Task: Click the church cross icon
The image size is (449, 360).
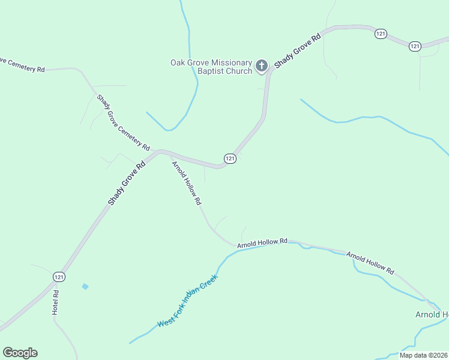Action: [x=262, y=65]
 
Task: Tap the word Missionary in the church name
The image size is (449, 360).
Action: [x=228, y=62]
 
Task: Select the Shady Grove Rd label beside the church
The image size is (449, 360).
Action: [x=298, y=50]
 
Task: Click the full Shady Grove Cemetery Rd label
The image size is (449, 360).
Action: [x=123, y=122]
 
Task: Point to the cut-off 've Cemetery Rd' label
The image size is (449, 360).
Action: [x=22, y=65]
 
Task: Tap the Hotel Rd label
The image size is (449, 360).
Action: [x=56, y=303]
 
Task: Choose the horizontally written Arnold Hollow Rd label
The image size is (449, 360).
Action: [x=262, y=243]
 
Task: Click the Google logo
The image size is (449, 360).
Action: [x=20, y=353]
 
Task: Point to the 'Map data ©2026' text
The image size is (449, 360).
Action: [x=423, y=355]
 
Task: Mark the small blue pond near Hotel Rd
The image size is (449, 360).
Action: [x=85, y=286]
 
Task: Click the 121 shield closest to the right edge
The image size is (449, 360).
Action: [x=415, y=46]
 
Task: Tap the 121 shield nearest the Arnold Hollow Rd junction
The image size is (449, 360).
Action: [x=230, y=158]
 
